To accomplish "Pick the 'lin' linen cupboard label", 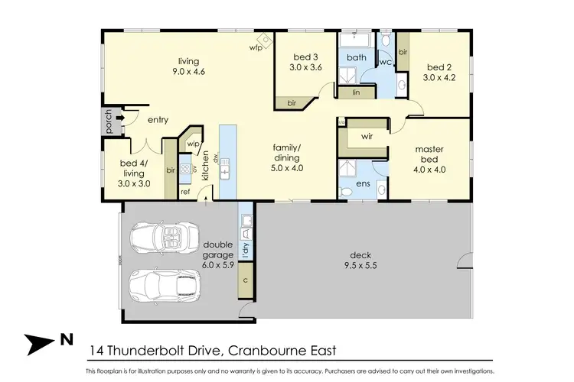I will (x=357, y=92).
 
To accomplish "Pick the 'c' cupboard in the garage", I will (x=245, y=280).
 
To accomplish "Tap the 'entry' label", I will (x=158, y=119).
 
